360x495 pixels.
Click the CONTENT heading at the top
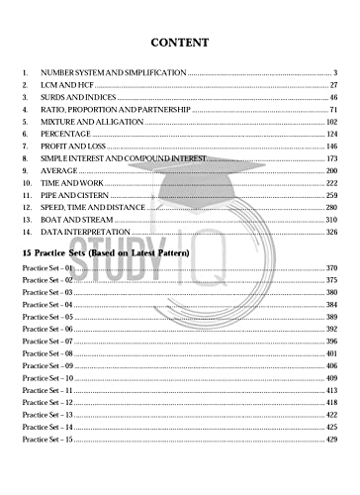coord(179,43)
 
